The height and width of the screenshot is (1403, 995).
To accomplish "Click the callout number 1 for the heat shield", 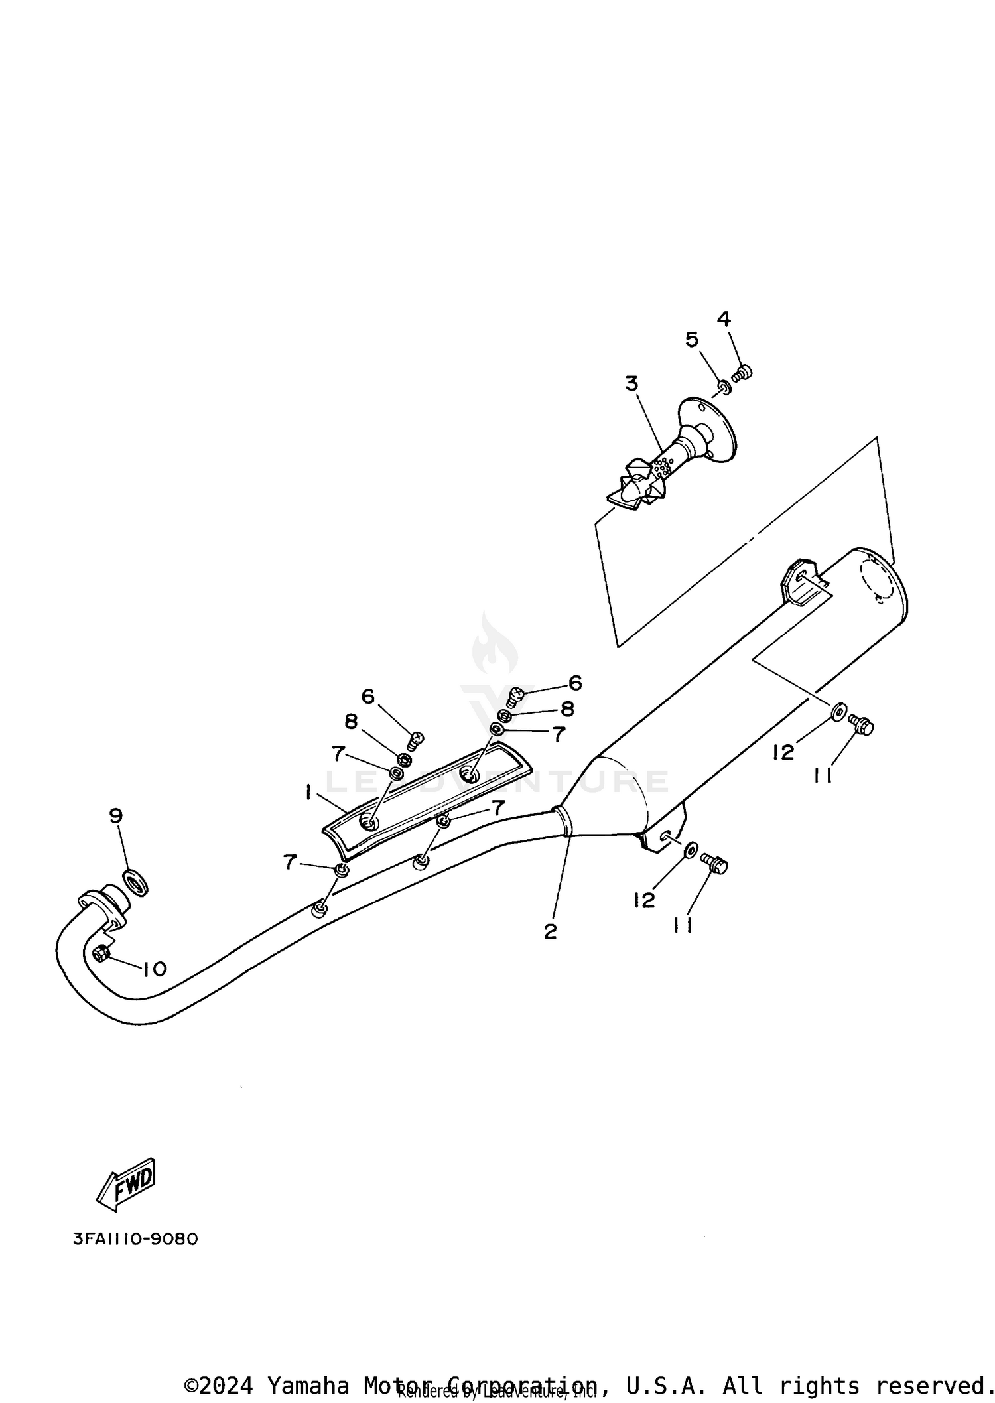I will point(308,792).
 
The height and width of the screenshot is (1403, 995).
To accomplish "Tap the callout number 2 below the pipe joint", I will point(550,932).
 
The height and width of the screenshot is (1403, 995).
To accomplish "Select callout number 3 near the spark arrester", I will point(631,383).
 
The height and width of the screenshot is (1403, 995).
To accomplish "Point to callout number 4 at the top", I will point(724,319).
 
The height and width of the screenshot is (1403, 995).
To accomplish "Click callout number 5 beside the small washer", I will point(691,340).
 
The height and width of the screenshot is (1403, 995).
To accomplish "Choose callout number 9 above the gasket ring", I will point(116,816).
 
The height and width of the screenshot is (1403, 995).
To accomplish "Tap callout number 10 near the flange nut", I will point(155,969).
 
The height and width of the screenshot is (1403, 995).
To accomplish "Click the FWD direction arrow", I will point(127,1181).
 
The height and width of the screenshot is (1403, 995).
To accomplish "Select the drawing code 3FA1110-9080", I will point(135,1239).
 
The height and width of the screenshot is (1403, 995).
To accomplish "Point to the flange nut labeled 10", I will point(101,953).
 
